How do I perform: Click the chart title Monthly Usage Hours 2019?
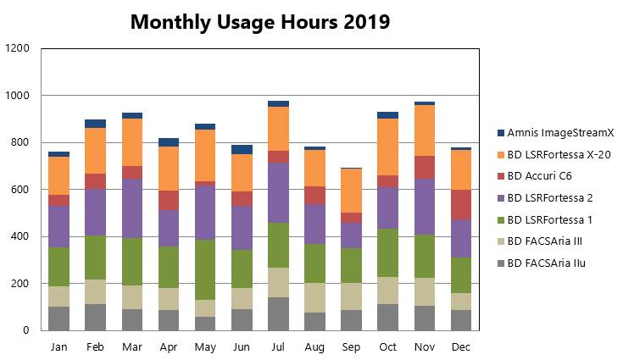[x=260, y=22]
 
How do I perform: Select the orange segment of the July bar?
[x=278, y=129]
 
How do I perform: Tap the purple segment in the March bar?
[x=132, y=208]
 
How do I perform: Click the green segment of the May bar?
[x=205, y=269]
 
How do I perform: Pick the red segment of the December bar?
[x=461, y=204]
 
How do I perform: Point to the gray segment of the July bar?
[x=278, y=313]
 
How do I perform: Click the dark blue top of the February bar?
[x=95, y=124]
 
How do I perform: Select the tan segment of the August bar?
[x=314, y=297]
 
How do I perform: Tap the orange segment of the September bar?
[x=351, y=191]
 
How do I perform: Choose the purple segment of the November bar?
[x=425, y=207]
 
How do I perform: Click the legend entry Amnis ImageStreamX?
[x=555, y=133]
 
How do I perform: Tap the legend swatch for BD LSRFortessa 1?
[x=501, y=219]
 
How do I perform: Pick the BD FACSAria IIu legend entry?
[x=541, y=263]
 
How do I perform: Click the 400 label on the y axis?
[x=19, y=236]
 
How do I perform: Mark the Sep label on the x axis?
[x=351, y=347]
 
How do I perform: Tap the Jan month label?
[x=58, y=347]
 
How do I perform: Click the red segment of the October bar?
[x=388, y=181]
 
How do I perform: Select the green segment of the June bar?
[x=242, y=269]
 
